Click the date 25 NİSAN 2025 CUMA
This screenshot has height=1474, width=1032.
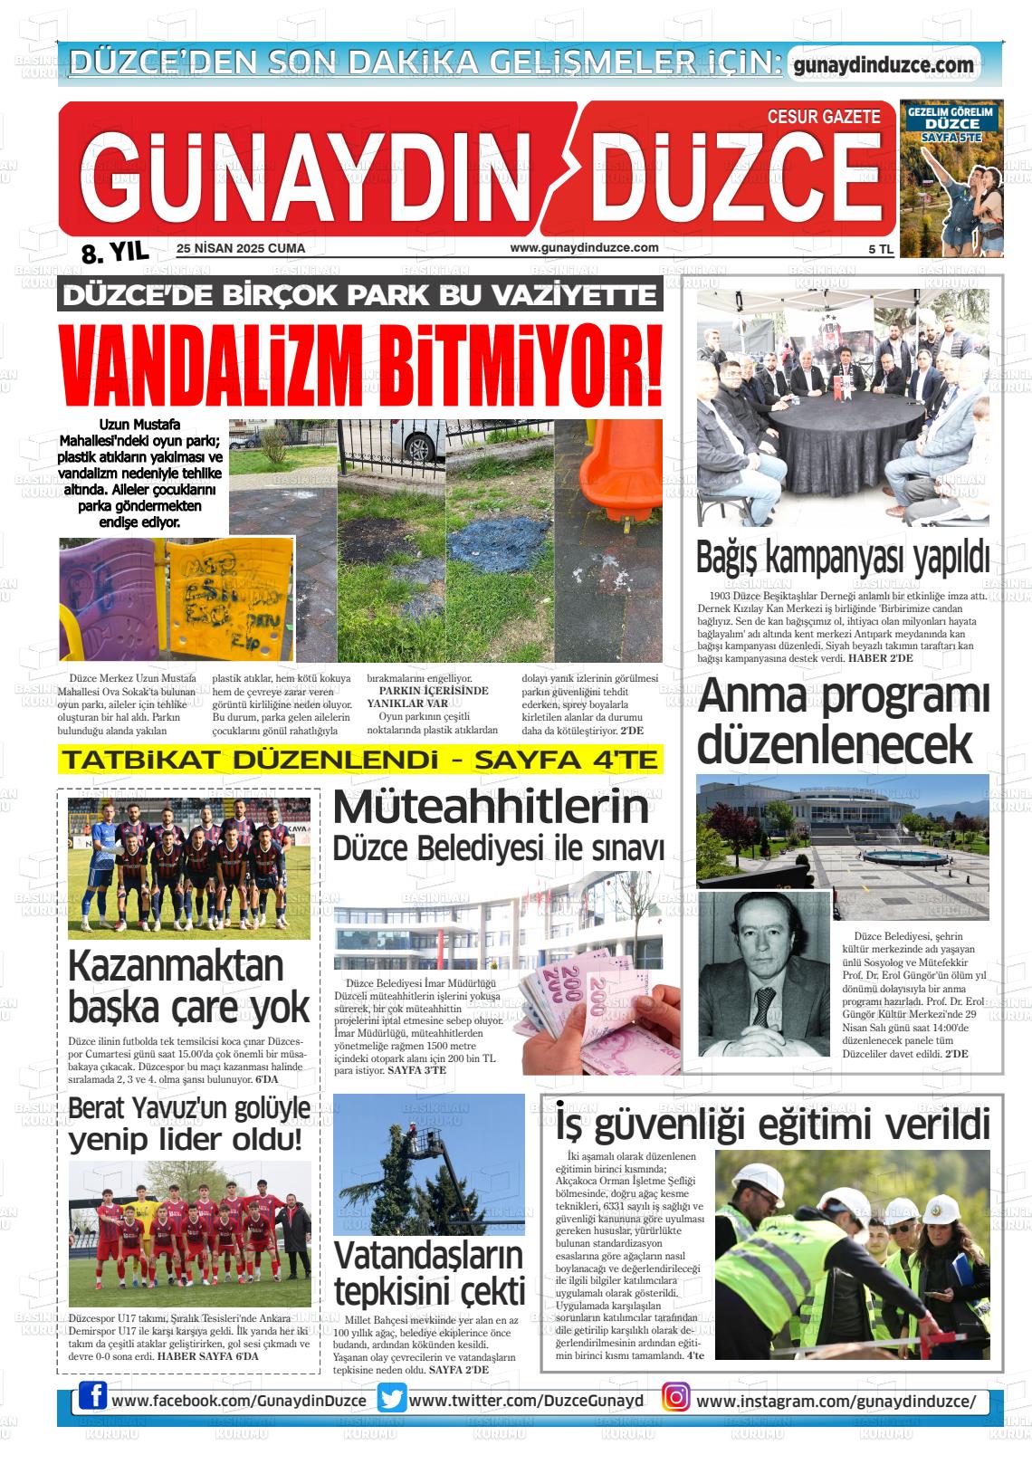[241, 248]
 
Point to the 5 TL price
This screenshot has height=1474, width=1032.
[880, 249]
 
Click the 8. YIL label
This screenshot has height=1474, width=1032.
[115, 253]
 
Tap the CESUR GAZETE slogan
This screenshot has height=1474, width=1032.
[823, 117]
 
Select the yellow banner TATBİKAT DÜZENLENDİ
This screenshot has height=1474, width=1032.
[359, 760]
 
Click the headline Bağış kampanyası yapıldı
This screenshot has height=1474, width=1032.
[842, 559]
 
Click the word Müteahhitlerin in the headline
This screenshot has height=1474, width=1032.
[492, 807]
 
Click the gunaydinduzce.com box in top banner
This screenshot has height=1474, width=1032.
[884, 65]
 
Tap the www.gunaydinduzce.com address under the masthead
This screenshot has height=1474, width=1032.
[584, 248]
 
